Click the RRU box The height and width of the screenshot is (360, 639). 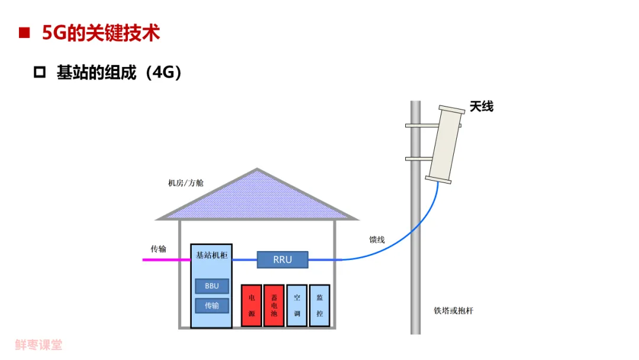282,259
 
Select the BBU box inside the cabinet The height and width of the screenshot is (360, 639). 212,286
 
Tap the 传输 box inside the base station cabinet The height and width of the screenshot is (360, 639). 212,306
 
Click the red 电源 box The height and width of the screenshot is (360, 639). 251,306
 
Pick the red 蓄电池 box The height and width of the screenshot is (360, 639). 274,306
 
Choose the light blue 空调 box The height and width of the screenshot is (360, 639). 297,306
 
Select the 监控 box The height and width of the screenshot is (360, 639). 319,306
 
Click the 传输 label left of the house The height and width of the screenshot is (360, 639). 158,249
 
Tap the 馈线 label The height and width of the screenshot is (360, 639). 377,240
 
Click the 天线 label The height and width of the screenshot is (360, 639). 482,107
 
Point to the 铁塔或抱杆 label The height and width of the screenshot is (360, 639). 453,311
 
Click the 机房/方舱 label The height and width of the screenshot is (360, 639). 186,183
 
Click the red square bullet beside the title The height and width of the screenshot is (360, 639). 24,33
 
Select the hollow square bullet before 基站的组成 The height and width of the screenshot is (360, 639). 40,73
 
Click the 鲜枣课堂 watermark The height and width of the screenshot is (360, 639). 38,345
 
